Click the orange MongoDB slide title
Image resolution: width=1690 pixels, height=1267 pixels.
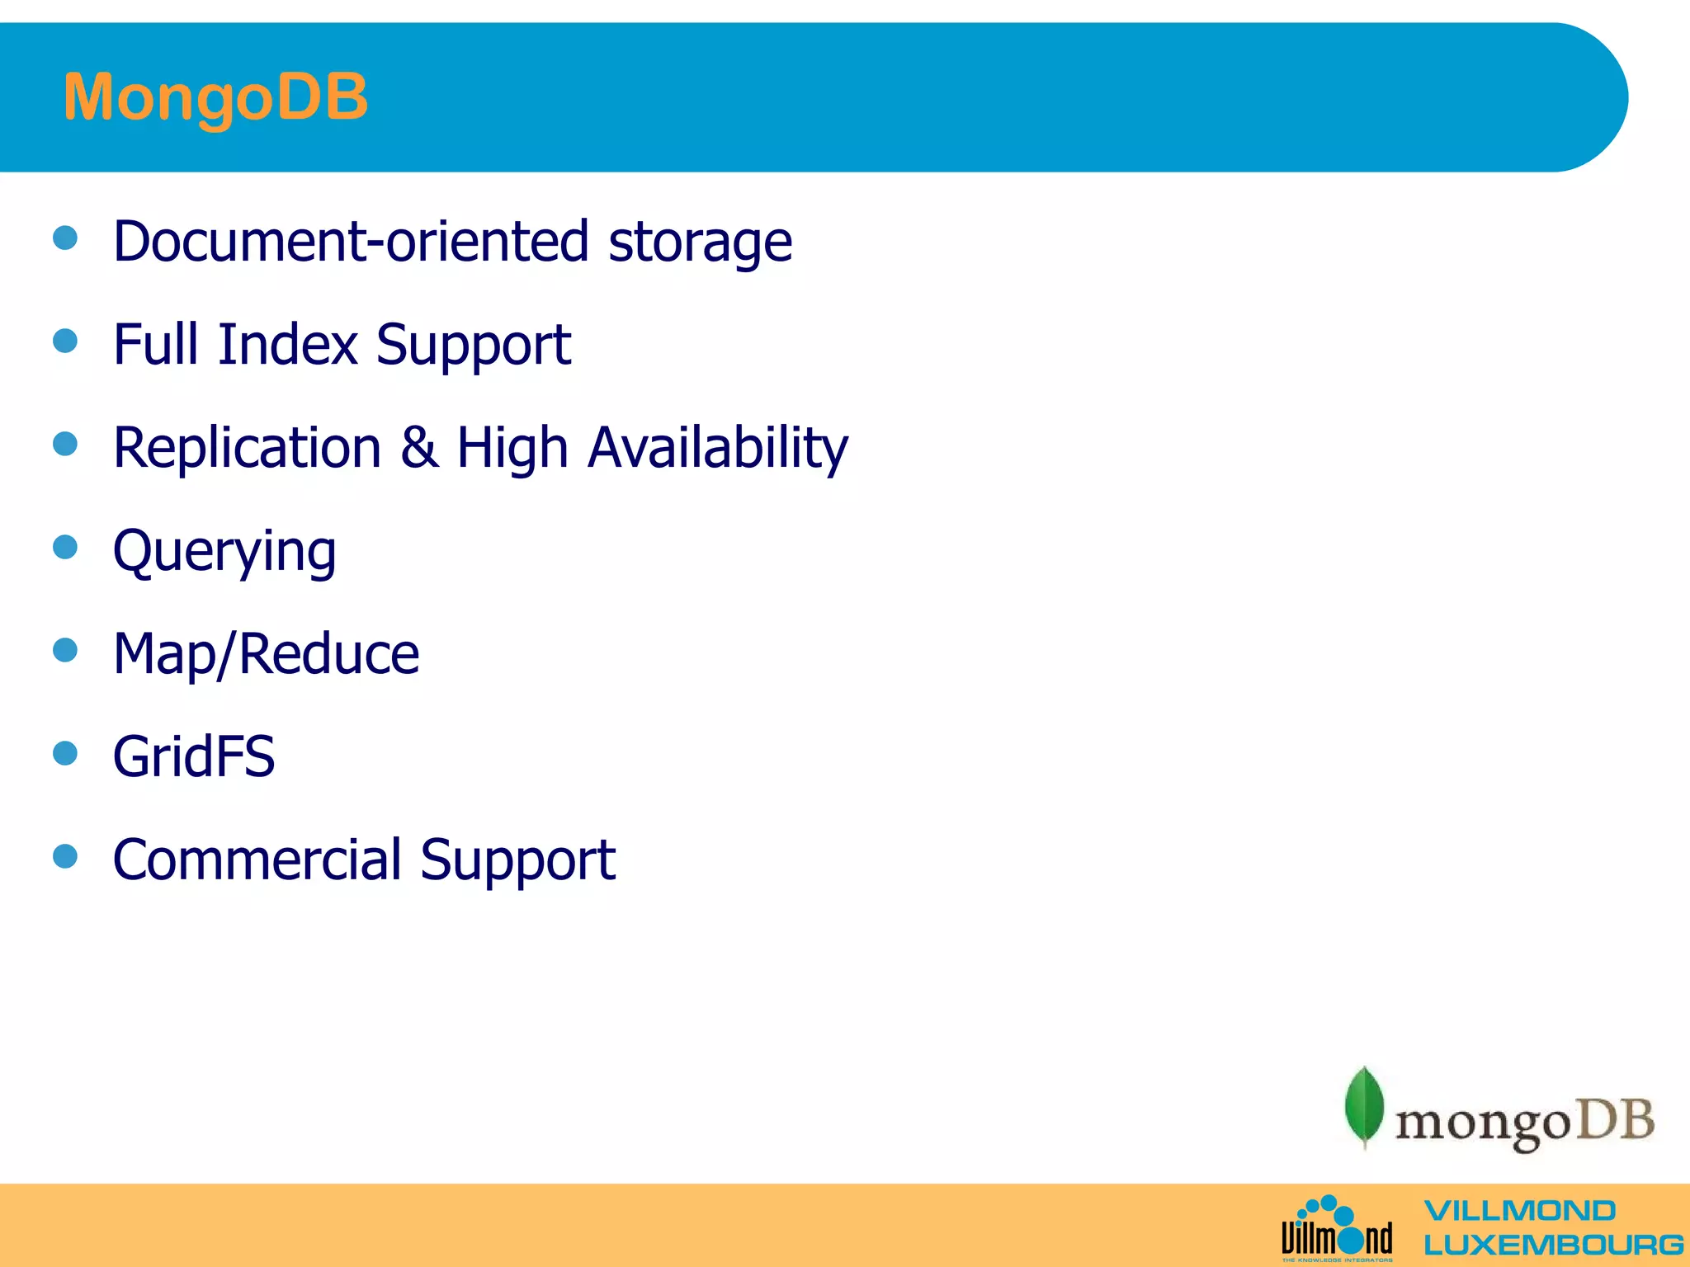pyautogui.click(x=215, y=97)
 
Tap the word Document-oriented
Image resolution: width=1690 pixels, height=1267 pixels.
pyautogui.click(x=351, y=242)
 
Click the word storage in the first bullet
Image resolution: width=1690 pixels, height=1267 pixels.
pyautogui.click(x=700, y=243)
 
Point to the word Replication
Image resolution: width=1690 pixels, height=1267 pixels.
pyautogui.click(x=247, y=448)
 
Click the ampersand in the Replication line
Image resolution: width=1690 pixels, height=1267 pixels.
pyautogui.click(x=419, y=448)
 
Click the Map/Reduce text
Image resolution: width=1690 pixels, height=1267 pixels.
pyautogui.click(x=266, y=654)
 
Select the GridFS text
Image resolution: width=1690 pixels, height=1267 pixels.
pyautogui.click(x=194, y=756)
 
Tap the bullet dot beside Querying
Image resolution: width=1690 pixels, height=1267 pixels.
pyautogui.click(x=65, y=547)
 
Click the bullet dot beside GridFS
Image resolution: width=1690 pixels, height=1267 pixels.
pyautogui.click(x=65, y=752)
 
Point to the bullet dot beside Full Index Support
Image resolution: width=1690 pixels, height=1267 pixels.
pyautogui.click(x=65, y=341)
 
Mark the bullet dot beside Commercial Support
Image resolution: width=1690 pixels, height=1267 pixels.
pyautogui.click(x=65, y=855)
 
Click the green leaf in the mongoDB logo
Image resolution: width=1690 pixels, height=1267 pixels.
pyautogui.click(x=1364, y=1106)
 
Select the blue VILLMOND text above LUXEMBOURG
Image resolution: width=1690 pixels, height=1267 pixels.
pyautogui.click(x=1519, y=1211)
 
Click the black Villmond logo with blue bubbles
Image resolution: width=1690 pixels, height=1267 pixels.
pyautogui.click(x=1337, y=1230)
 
